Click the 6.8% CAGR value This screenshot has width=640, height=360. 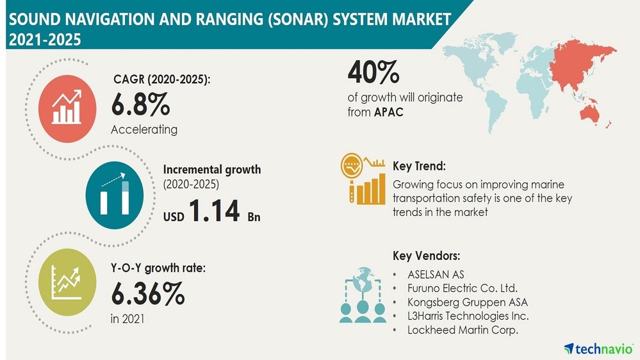(140, 103)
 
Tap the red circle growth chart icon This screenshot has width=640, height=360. (67, 105)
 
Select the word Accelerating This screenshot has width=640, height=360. (144, 129)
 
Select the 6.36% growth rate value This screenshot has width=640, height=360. (148, 293)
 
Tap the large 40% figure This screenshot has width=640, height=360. (373, 73)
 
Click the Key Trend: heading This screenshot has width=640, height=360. (418, 166)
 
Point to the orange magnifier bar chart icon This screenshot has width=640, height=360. (362, 179)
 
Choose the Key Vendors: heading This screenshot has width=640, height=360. (426, 256)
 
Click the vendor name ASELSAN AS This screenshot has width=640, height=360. (436, 274)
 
